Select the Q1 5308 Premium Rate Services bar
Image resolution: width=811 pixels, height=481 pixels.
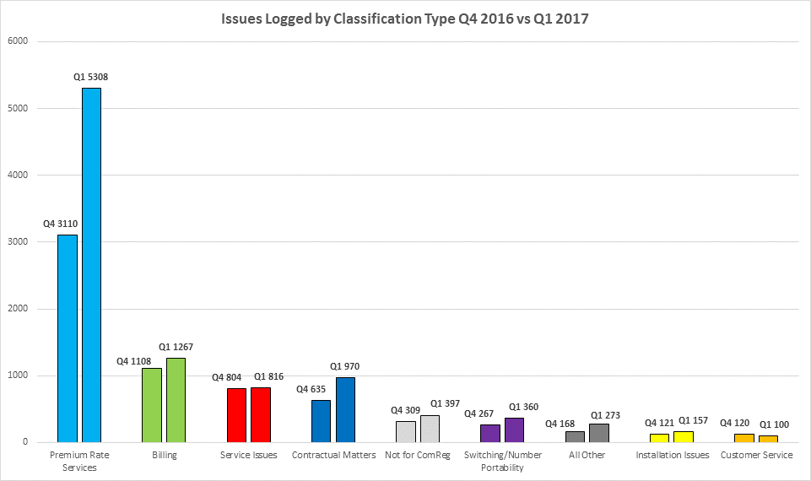(x=91, y=265)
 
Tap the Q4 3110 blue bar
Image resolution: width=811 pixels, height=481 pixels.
(x=68, y=338)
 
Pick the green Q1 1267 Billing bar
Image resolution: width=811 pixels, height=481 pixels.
(x=176, y=400)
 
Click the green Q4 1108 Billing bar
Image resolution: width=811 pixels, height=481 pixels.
(x=152, y=405)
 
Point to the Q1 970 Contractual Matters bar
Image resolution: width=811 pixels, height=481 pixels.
(x=345, y=409)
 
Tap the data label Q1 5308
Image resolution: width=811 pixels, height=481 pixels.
(x=90, y=77)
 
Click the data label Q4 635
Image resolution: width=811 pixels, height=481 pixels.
(x=311, y=389)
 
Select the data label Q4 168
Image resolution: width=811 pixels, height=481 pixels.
(x=561, y=424)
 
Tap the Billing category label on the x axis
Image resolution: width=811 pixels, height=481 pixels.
(x=164, y=456)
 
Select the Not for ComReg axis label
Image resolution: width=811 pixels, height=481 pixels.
(x=417, y=456)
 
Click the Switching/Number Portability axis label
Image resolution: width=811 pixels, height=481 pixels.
(x=501, y=461)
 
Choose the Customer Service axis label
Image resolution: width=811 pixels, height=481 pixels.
(x=756, y=456)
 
